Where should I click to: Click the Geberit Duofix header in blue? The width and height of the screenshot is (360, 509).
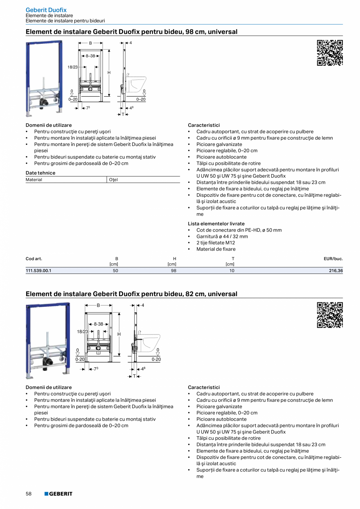[46, 10]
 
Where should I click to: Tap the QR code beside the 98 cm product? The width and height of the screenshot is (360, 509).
[329, 53]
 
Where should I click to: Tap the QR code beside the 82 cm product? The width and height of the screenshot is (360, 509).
[329, 315]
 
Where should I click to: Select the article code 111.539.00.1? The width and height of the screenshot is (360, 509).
[38, 270]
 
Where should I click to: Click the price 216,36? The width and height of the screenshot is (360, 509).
[336, 270]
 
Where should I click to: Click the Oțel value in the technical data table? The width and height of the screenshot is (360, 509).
[113, 180]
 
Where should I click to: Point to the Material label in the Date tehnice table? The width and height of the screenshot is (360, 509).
[34, 180]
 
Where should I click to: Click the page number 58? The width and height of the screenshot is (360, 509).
[29, 494]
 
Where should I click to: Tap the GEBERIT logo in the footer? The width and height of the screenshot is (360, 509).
[58, 494]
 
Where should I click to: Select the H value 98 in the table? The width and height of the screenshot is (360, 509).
[174, 270]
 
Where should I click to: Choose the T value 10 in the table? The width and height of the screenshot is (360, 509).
[232, 270]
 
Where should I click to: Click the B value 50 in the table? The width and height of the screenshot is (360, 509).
[116, 270]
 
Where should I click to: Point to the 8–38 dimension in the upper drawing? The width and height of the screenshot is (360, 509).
[90, 56]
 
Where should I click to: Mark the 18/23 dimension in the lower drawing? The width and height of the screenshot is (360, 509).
[82, 331]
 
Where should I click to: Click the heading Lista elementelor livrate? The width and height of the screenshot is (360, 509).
[216, 224]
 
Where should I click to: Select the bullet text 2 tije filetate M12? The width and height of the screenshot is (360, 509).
[216, 243]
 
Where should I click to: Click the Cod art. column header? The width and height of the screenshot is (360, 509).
[34, 259]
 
